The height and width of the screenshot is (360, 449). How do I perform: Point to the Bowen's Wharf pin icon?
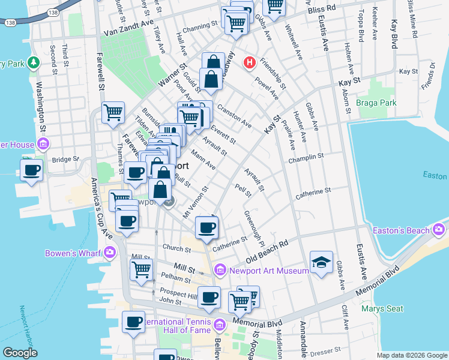click(109, 253)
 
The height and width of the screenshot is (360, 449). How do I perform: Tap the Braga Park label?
click(376, 103)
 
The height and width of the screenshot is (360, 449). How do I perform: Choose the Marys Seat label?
click(382, 310)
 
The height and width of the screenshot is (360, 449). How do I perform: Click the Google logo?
click(20, 353)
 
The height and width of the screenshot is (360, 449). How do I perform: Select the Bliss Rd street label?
click(323, 10)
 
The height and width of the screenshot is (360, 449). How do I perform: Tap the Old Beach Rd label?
click(267, 252)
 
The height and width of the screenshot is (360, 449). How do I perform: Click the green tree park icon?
click(34, 62)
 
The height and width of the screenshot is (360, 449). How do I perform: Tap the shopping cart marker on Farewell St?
click(113, 112)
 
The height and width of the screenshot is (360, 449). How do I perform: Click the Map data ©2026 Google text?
click(411, 355)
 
